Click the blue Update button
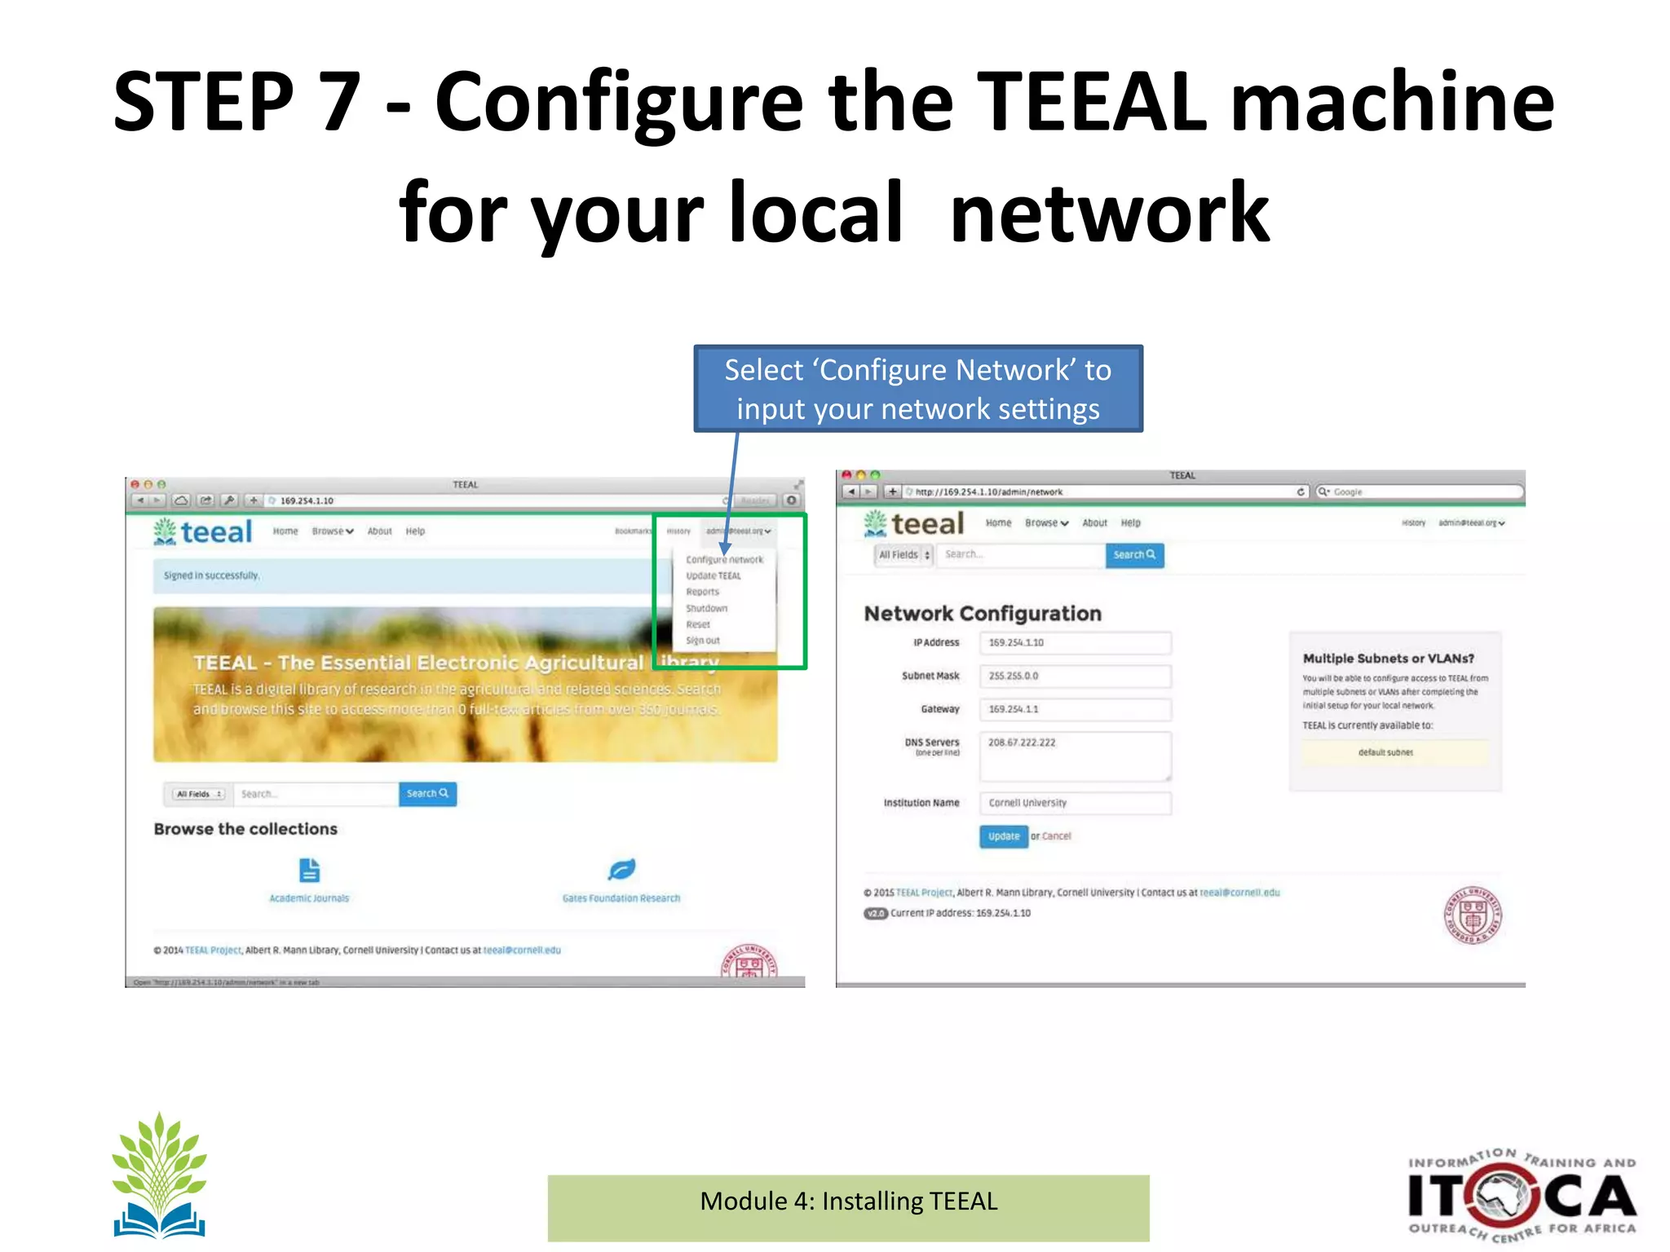1003,836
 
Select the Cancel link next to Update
1056,836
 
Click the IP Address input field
1075,643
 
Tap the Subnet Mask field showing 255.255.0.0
1075,677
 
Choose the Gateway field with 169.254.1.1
1075,709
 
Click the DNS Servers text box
1075,756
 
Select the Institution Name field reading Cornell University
1075,803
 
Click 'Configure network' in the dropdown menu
724,560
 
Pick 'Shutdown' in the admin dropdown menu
706,609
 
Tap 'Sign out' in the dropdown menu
702,641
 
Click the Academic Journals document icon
309,871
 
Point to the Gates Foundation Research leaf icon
621,870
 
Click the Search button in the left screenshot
427,794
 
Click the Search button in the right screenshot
1134,555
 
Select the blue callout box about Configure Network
917,389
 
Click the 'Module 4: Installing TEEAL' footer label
848,1202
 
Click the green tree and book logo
159,1175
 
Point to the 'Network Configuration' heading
983,614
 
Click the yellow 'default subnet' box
1394,752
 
